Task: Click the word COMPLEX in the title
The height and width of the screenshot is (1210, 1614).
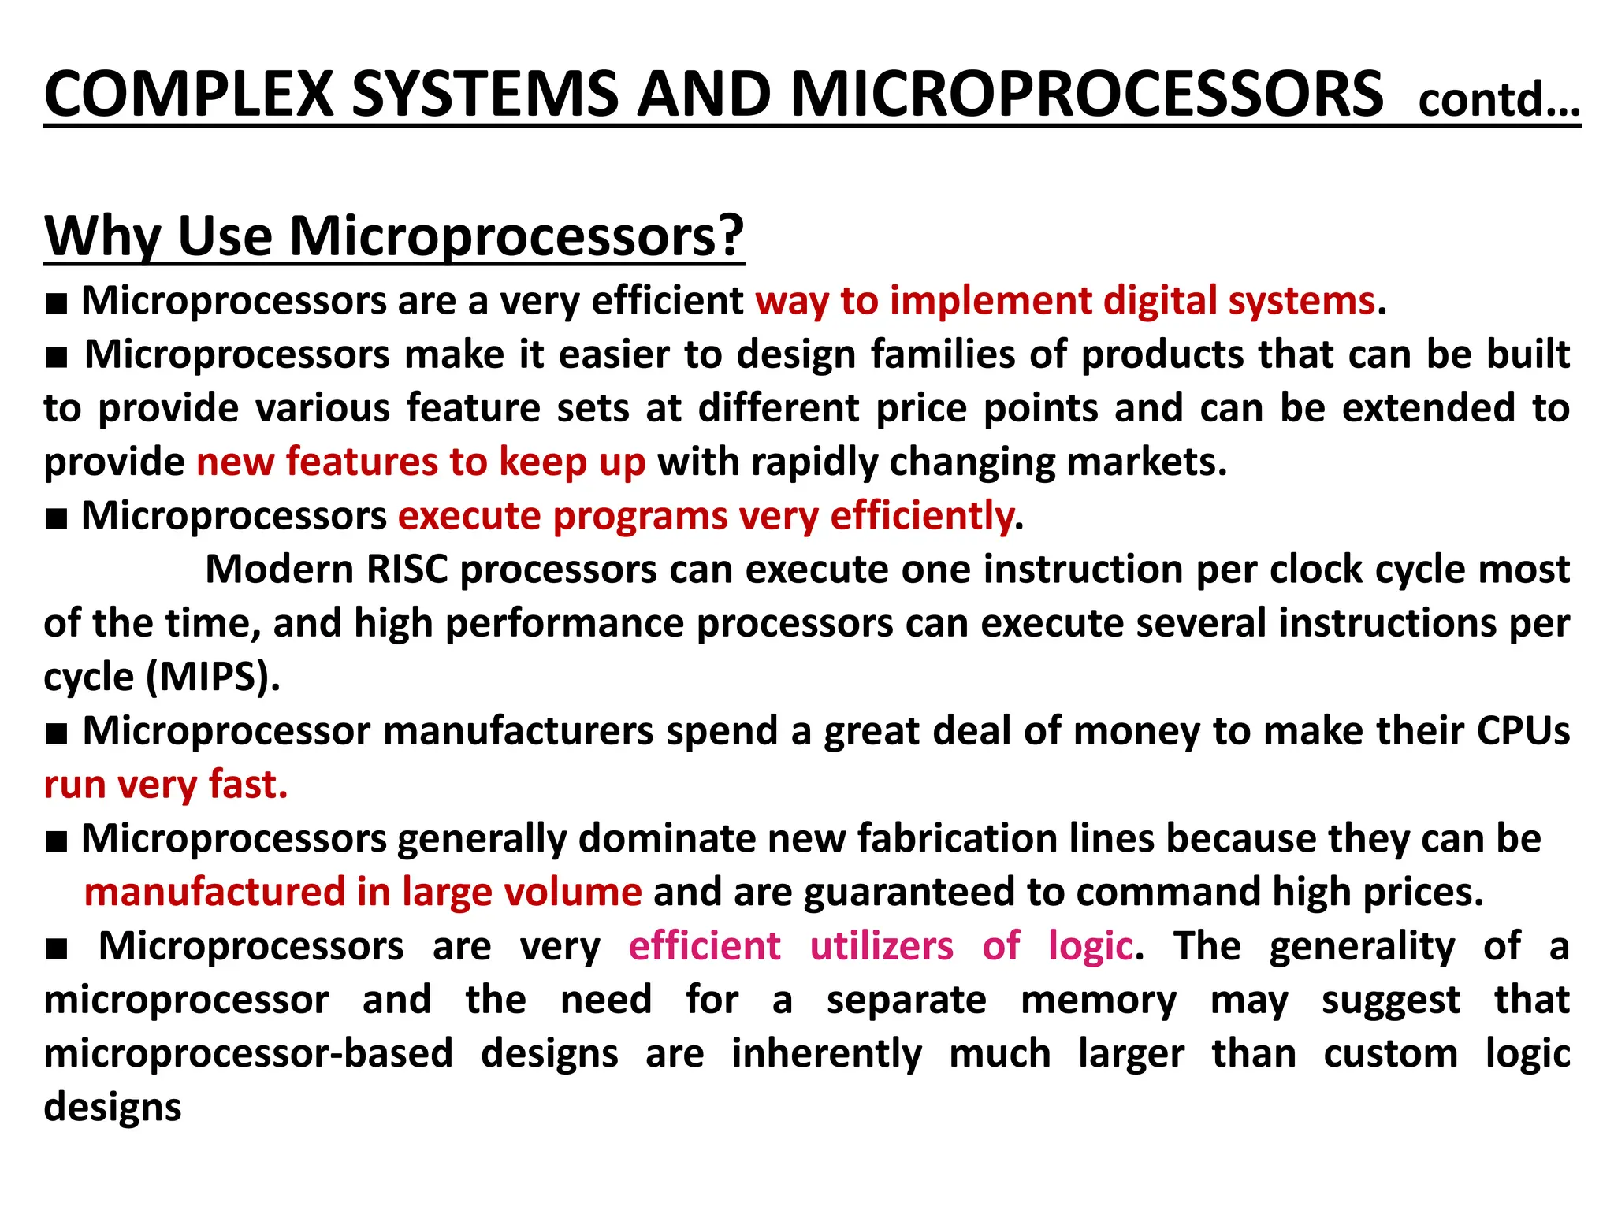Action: pos(189,95)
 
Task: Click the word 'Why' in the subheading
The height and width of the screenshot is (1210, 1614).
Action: pos(102,236)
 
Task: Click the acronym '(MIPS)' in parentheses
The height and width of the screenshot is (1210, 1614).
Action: pos(213,677)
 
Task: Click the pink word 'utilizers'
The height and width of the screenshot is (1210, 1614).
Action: pos(881,946)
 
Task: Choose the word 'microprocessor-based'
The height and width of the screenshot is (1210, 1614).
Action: pos(248,1054)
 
